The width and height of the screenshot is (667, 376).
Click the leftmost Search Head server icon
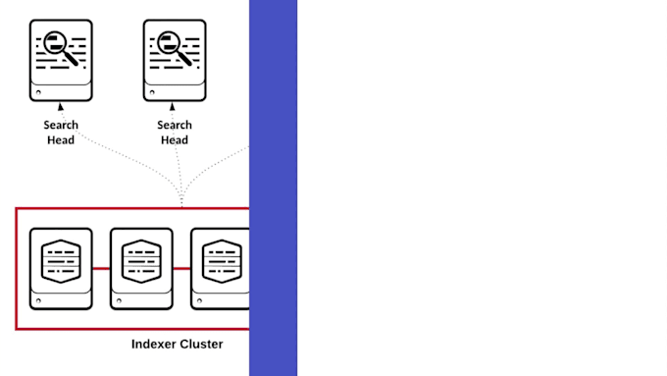click(x=61, y=60)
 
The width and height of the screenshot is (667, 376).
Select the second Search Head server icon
click(x=175, y=60)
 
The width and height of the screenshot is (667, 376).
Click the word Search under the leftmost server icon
click(x=61, y=125)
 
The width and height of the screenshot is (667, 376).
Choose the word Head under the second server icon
click(x=175, y=139)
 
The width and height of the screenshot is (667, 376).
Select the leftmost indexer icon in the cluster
click(x=61, y=268)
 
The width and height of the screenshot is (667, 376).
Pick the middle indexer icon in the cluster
click(x=141, y=268)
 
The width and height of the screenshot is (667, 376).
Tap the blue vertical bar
click(x=273, y=188)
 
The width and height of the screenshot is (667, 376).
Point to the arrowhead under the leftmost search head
click(x=61, y=106)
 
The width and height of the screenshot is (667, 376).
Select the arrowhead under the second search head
click(x=175, y=106)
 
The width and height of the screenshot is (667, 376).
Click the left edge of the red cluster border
click(x=17, y=268)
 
